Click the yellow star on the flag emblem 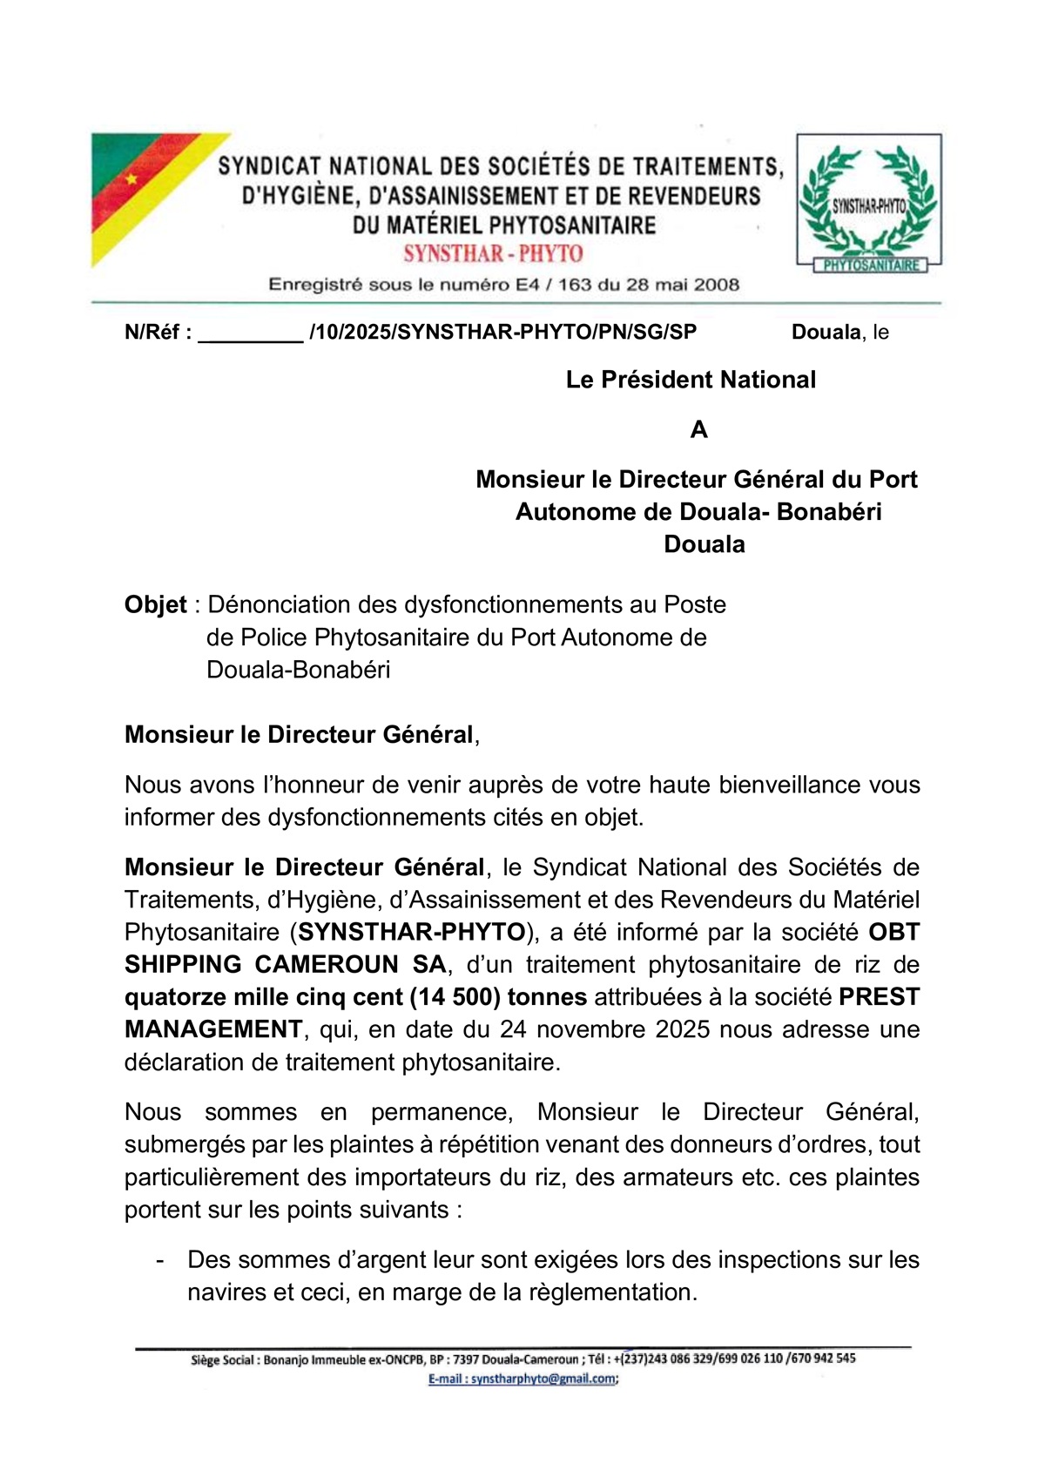click(x=131, y=179)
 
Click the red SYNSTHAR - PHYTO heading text click(x=493, y=254)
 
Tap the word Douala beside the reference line click(x=826, y=332)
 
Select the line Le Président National click(x=691, y=380)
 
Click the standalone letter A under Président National click(x=698, y=429)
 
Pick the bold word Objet click(x=156, y=604)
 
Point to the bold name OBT click(x=894, y=932)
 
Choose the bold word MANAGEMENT click(x=213, y=1029)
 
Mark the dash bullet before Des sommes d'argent click(x=159, y=1260)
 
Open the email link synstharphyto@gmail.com click(x=522, y=1379)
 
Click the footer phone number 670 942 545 click(x=823, y=1359)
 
